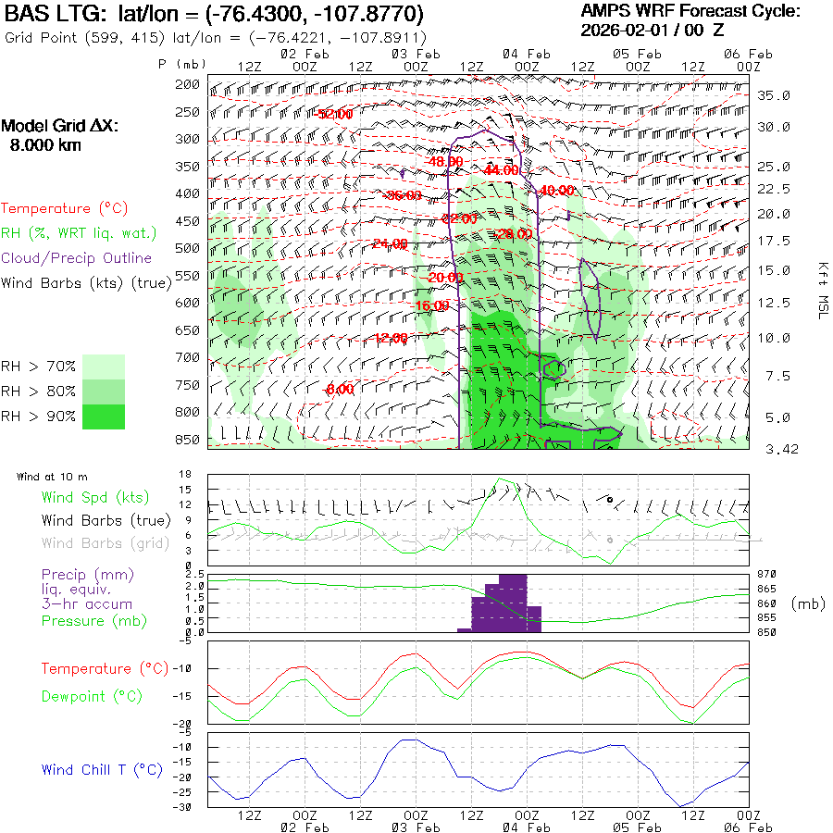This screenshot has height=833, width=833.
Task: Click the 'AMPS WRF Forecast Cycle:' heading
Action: pyautogui.click(x=690, y=11)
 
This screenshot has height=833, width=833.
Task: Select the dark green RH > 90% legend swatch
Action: pyautogui.click(x=104, y=417)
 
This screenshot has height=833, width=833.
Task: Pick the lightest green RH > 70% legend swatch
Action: pyautogui.click(x=104, y=367)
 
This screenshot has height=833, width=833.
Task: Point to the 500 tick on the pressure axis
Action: pyautogui.click(x=188, y=248)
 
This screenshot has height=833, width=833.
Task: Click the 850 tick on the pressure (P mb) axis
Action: pyautogui.click(x=188, y=439)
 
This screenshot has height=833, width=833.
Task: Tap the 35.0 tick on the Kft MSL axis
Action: pyautogui.click(x=774, y=95)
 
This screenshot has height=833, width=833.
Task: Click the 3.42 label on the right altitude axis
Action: pyautogui.click(x=774, y=449)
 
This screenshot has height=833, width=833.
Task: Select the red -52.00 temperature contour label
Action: pyautogui.click(x=334, y=114)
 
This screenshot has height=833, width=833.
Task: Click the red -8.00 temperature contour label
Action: pyautogui.click(x=340, y=390)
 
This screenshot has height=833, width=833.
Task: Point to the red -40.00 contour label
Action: pyautogui.click(x=556, y=191)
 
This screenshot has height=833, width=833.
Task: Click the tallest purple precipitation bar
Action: pyautogui.click(x=513, y=603)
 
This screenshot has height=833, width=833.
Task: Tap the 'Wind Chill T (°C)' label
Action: pyautogui.click(x=102, y=769)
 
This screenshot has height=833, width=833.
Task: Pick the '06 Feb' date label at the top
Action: pyautogui.click(x=748, y=54)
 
